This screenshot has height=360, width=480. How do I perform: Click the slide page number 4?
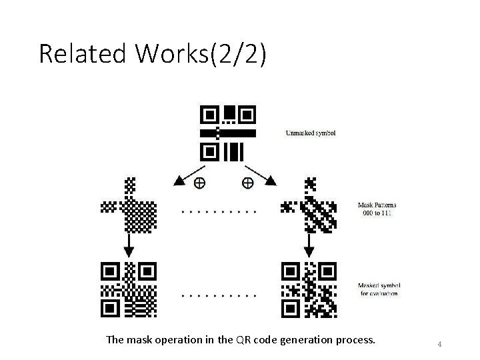point(439,344)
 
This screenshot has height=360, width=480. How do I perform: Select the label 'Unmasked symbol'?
point(311,133)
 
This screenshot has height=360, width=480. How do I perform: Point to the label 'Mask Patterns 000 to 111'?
point(374,209)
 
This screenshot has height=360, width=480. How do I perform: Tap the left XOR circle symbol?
point(199,182)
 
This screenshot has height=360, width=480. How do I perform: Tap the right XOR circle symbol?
point(247,182)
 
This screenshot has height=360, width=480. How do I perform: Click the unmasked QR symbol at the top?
point(228,133)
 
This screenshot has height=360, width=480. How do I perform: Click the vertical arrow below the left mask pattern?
point(129,244)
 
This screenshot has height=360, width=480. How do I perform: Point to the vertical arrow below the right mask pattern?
point(309,244)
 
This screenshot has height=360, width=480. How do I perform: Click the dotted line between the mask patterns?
point(219,211)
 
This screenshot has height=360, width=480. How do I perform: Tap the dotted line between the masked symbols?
point(219,294)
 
